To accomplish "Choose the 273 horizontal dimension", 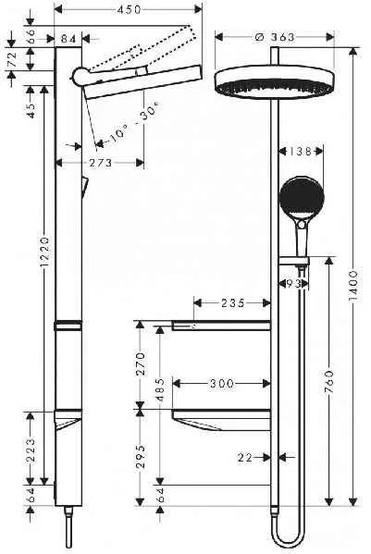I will pyautogui.click(x=101, y=163).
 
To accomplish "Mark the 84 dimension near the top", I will pyautogui.click(x=68, y=38).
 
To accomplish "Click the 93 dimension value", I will pyautogui.click(x=293, y=283).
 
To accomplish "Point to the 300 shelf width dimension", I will pyautogui.click(x=221, y=381).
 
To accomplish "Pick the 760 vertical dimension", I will pyautogui.click(x=328, y=379).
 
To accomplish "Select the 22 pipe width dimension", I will pyautogui.click(x=244, y=457).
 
